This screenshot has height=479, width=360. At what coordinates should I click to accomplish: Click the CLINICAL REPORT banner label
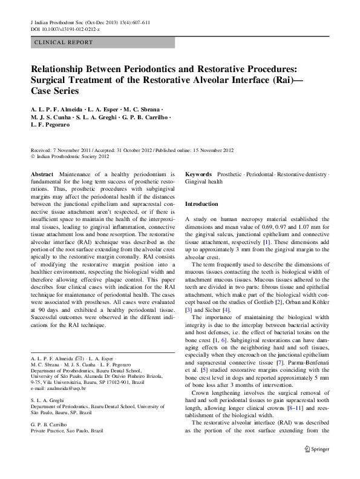[64, 42]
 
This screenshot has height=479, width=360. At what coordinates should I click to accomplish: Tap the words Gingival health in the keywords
[205, 180]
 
